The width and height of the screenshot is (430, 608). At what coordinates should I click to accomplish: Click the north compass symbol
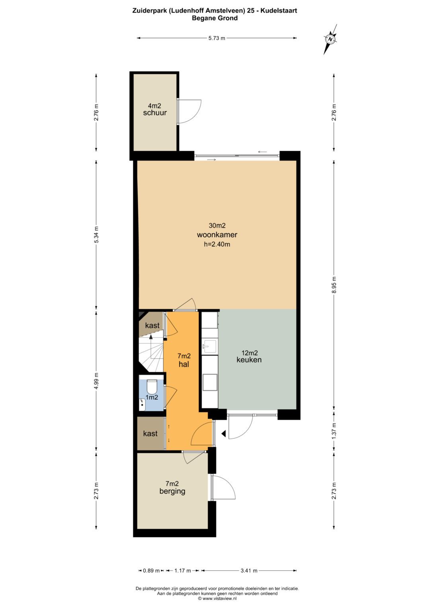click(330, 39)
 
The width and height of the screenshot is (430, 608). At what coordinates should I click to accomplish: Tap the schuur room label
click(155, 113)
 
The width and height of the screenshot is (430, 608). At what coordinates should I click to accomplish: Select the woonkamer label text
click(217, 235)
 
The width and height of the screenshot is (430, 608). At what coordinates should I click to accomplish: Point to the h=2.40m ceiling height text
click(217, 244)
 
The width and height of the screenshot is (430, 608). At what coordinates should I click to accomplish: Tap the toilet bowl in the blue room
click(151, 387)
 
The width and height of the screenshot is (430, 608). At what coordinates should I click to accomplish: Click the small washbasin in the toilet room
click(142, 405)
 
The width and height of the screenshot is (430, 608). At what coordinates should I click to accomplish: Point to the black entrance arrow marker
click(223, 434)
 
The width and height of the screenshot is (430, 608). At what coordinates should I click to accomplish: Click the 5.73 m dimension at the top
click(217, 38)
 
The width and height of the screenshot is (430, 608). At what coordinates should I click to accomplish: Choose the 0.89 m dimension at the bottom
click(151, 571)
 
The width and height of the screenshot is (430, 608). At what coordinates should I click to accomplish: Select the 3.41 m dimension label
click(249, 571)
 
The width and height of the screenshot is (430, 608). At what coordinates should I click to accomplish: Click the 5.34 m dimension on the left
click(96, 235)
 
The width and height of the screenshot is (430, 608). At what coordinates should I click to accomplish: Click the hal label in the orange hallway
click(184, 364)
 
